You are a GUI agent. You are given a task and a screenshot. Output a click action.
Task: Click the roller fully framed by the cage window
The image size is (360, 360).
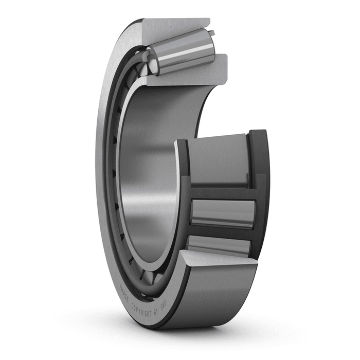222,212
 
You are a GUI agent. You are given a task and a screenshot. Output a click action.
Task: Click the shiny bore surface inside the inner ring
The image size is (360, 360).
149,170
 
